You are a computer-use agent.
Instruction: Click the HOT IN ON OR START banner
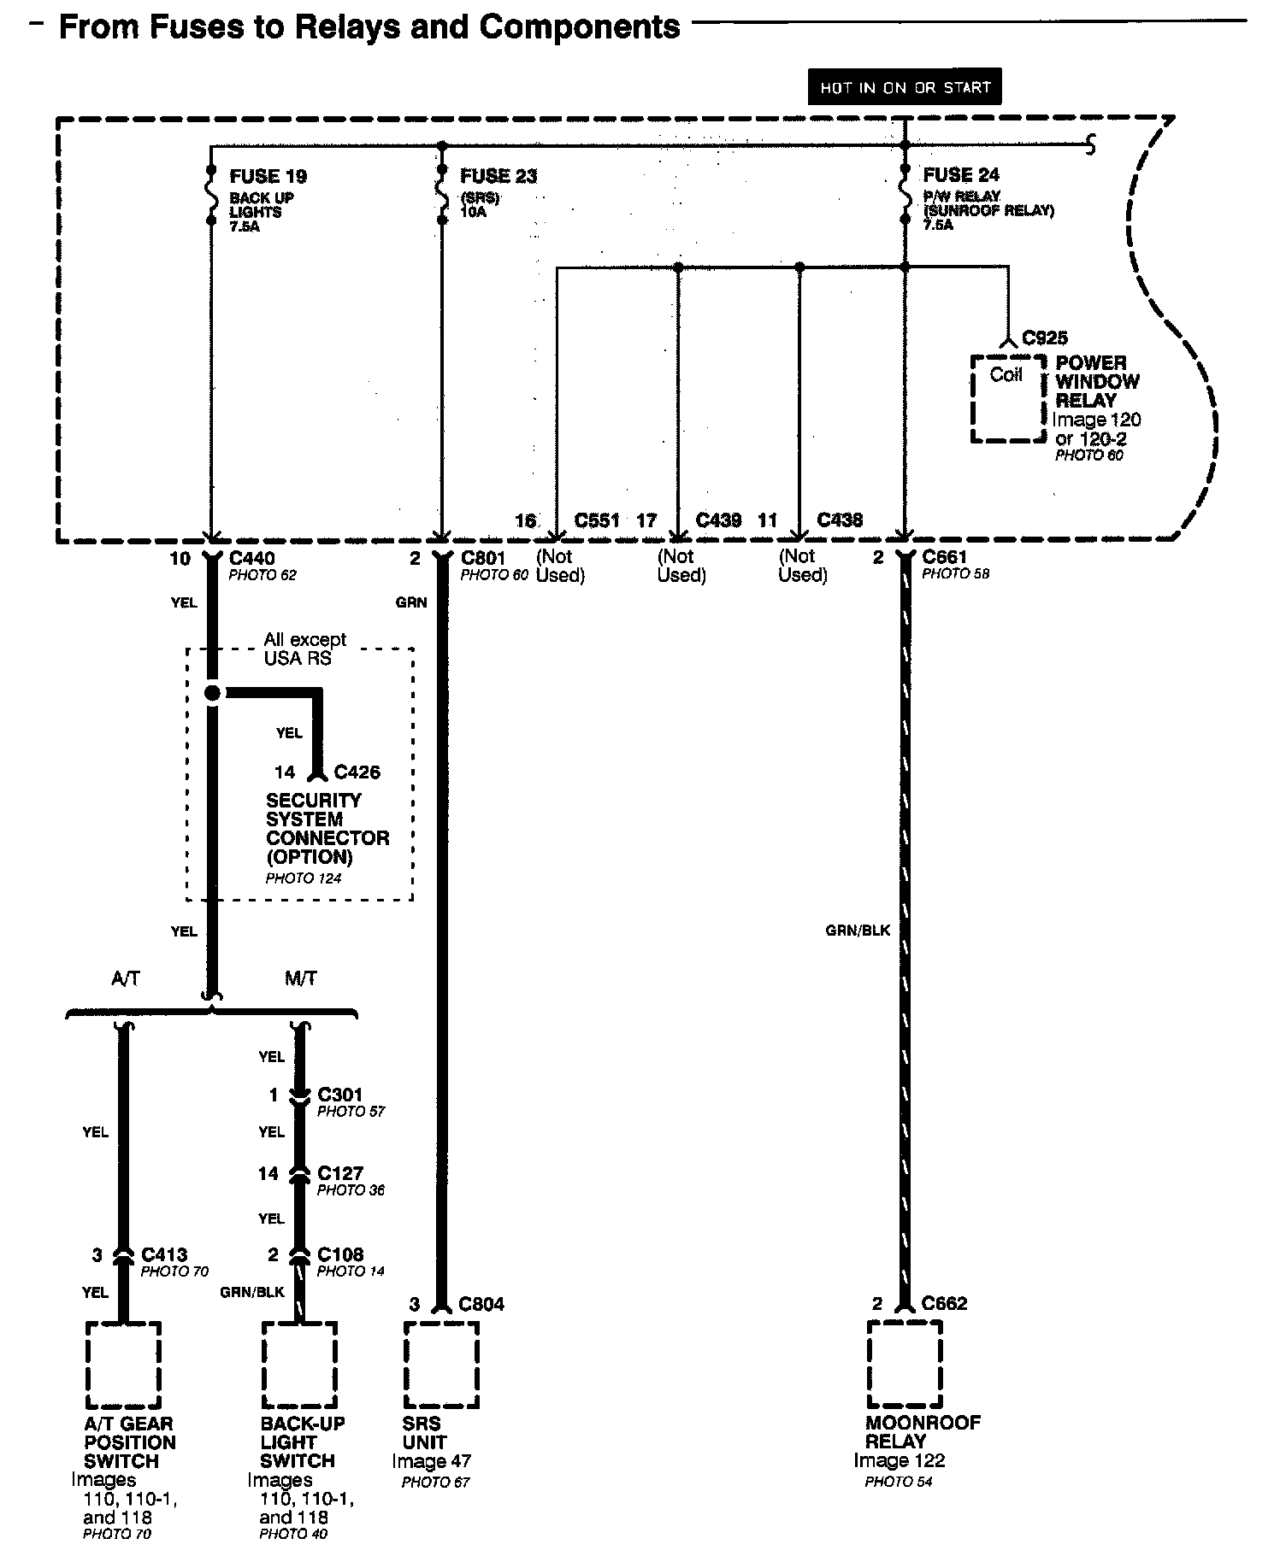pos(904,87)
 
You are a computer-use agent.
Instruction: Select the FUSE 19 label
pos(268,177)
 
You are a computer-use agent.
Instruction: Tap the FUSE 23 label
pos(498,177)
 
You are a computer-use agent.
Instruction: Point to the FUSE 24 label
pos(961,175)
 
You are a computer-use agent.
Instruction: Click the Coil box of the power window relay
pos(1007,398)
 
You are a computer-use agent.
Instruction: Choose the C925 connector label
pos(1045,338)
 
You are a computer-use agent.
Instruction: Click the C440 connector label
pos(252,559)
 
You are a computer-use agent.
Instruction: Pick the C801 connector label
pos(484,559)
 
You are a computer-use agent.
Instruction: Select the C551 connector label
pos(597,520)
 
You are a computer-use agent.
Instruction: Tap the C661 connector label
pos(945,558)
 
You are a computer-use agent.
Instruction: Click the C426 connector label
pos(357,772)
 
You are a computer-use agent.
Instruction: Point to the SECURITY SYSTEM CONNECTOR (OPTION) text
pos(327,829)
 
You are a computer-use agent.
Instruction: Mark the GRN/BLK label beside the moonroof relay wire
pos(858,930)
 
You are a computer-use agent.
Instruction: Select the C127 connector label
pos(340,1174)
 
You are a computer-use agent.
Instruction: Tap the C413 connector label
pos(164,1254)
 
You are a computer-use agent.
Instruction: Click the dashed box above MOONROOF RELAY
pos(904,1365)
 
